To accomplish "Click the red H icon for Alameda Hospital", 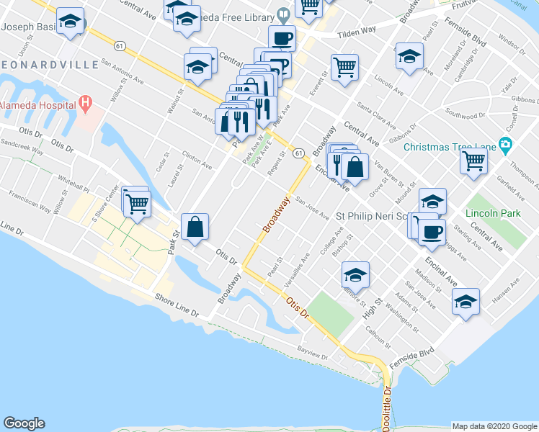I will pos(86,104).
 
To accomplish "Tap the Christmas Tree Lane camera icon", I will pos(505,146).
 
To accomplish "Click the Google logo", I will pos(24,423).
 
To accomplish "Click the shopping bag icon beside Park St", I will pos(195,227).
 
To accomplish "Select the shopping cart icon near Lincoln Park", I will pos(473,160).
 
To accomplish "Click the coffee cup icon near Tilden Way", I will pos(282,38).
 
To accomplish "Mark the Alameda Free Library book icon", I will pos(284,14).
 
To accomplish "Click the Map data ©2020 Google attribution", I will pos(494,426).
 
